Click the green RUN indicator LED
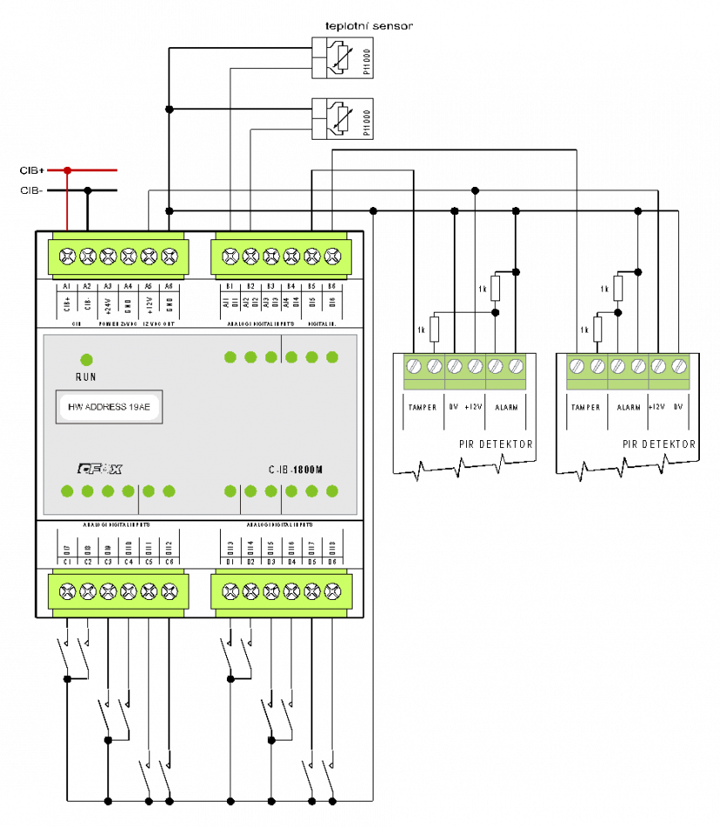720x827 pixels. [x=86, y=360]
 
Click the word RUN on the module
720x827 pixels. [x=86, y=377]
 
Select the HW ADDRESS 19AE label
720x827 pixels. [x=109, y=407]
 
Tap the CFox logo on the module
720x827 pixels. [x=99, y=469]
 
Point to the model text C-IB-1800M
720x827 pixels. [x=296, y=470]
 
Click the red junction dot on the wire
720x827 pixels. [x=67, y=170]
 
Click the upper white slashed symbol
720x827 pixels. [x=343, y=58]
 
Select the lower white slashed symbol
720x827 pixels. [x=343, y=119]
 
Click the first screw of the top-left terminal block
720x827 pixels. [x=67, y=257]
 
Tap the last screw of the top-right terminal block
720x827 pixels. [x=333, y=257]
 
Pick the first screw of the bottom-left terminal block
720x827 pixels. [x=67, y=591]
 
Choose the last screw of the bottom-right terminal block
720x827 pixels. [x=333, y=591]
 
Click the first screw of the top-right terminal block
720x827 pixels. [x=230, y=257]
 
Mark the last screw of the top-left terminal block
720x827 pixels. [x=169, y=257]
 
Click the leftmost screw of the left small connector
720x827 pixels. [x=414, y=367]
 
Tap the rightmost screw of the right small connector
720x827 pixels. [x=679, y=367]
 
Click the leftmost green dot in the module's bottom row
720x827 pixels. [x=67, y=492]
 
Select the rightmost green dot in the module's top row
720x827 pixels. [x=333, y=357]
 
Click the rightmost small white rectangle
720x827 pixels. [x=618, y=288]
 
